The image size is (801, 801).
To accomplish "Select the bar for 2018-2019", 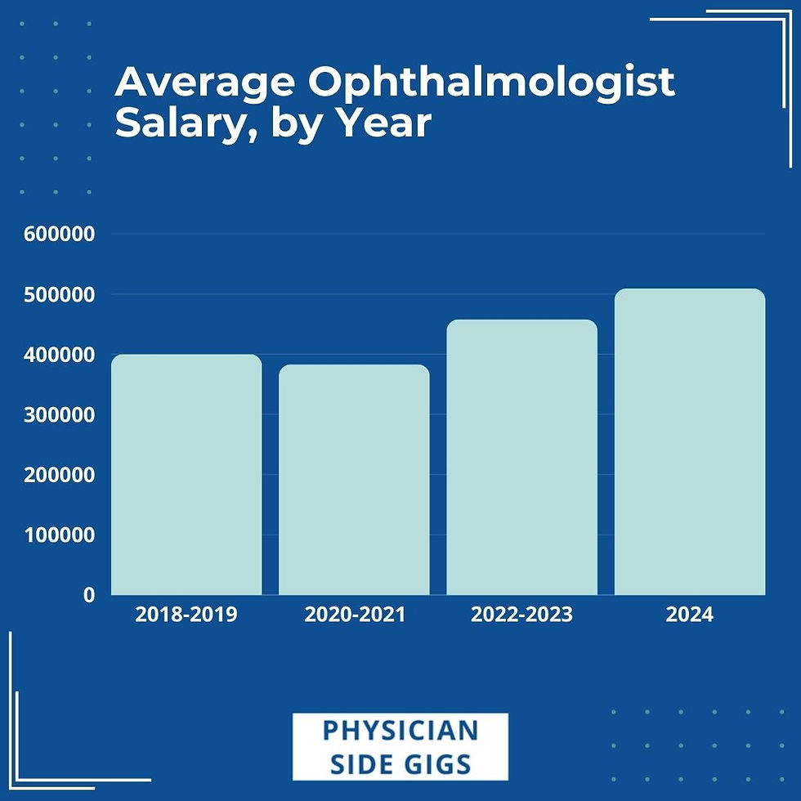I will (186, 474).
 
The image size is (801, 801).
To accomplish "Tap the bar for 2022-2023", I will (521, 457).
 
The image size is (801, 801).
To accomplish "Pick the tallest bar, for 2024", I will (690, 441).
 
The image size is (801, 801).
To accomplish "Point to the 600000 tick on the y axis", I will (60, 235).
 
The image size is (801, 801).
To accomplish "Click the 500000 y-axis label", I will (60, 294).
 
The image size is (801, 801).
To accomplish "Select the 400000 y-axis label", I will (60, 355).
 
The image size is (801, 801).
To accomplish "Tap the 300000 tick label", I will (60, 414).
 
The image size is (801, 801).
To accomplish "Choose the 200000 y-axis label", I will (60, 475).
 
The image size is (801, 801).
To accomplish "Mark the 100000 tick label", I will (60, 535).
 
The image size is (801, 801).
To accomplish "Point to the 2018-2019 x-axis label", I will (186, 615).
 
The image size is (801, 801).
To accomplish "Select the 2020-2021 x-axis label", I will (354, 615).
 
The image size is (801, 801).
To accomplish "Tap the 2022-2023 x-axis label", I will (521, 615).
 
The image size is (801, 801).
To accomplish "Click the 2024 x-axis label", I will (690, 615).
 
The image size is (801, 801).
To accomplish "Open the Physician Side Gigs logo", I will (400, 746).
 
